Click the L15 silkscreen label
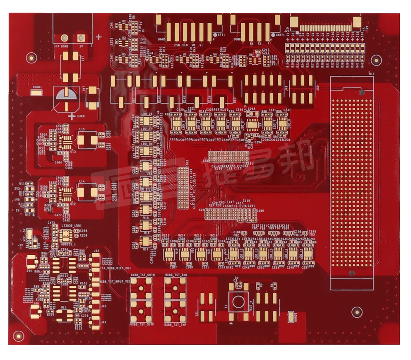tap(82, 130)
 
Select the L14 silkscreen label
tap(82, 181)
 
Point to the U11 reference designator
tap(372, 74)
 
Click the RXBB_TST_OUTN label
tap(142, 275)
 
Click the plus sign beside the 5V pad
tap(99, 37)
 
